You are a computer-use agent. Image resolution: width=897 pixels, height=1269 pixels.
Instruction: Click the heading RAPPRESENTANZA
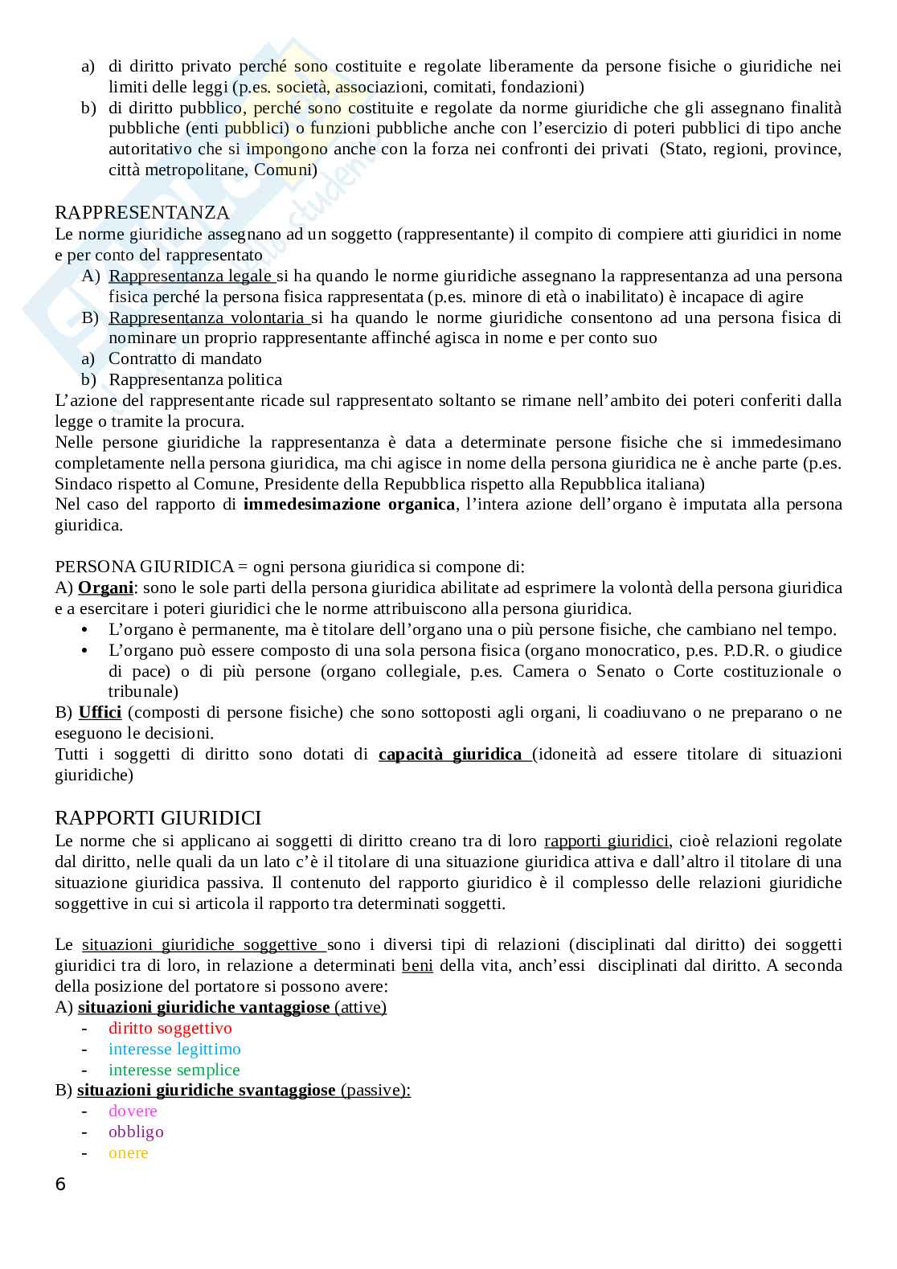coord(141,213)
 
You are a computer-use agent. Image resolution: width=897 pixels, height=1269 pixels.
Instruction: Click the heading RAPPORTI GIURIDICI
coord(158,818)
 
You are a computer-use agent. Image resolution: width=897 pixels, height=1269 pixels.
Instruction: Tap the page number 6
coord(61,1184)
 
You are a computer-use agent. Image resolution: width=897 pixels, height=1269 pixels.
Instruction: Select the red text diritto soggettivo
coord(170,1029)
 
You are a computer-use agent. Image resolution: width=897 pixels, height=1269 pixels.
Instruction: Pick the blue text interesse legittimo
coord(174,1050)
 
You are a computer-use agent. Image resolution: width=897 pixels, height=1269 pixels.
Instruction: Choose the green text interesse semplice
coord(174,1070)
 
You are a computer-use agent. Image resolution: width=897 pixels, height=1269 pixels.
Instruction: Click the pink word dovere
coord(133,1111)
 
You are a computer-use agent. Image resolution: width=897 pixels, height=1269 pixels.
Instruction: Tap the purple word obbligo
coord(136,1132)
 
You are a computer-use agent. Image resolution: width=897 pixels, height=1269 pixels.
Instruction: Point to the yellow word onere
coord(129,1153)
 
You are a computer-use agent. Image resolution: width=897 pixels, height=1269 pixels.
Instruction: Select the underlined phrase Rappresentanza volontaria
coord(207,318)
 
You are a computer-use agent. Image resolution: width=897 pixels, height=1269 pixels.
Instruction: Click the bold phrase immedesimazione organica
coord(349,505)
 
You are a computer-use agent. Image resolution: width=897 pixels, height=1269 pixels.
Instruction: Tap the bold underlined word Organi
coord(105,588)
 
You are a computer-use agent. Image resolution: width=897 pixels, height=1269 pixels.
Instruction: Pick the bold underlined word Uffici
coord(100,713)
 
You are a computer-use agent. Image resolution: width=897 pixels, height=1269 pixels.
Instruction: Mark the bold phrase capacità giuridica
coord(450,755)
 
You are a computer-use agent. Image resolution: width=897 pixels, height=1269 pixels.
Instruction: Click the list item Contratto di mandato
coord(185,359)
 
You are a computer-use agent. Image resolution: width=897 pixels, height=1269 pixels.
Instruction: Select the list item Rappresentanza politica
coord(195,380)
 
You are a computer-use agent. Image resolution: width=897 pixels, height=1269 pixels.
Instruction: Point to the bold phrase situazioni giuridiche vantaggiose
coord(203,1008)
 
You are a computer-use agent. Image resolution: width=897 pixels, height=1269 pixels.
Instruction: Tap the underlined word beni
coord(417,966)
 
